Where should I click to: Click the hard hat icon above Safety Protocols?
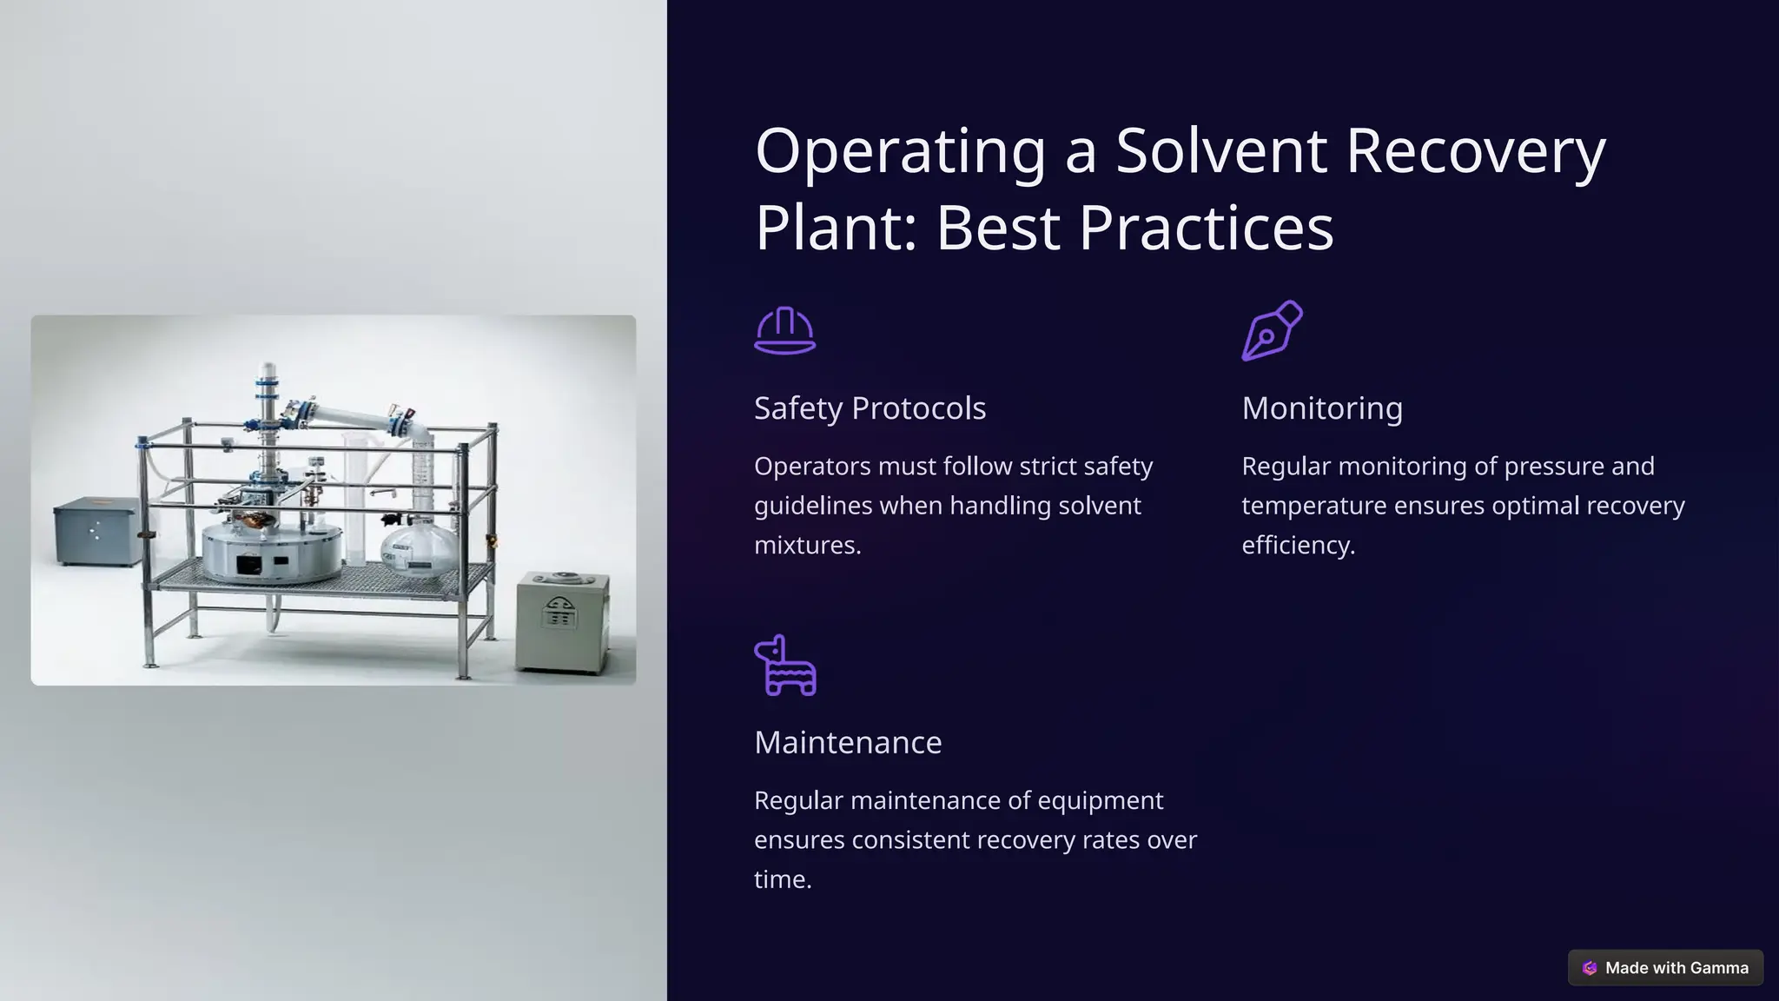click(x=784, y=331)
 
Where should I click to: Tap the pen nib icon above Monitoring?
click(x=1272, y=330)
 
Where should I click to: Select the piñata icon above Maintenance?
click(x=784, y=665)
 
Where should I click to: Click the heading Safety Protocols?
click(x=870, y=408)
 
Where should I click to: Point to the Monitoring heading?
click(x=1321, y=408)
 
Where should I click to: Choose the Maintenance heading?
click(x=847, y=743)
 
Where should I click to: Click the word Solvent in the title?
click(x=1220, y=150)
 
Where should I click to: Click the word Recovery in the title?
click(x=1475, y=150)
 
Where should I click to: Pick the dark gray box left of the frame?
click(x=96, y=531)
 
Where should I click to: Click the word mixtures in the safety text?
click(x=807, y=546)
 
